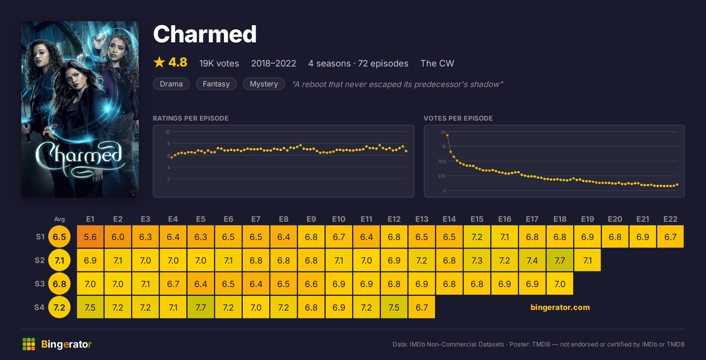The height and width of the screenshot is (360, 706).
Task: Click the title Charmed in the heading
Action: tap(205, 34)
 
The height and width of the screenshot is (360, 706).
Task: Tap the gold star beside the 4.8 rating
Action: tap(159, 62)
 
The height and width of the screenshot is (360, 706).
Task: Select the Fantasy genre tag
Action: tap(216, 84)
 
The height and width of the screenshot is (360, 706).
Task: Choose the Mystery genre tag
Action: tap(264, 84)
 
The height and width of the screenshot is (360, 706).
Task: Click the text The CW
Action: tap(437, 63)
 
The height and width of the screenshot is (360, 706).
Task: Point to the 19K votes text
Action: tap(219, 63)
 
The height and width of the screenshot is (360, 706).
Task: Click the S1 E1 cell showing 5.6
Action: tap(90, 236)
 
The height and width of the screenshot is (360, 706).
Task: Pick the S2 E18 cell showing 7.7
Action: tap(560, 260)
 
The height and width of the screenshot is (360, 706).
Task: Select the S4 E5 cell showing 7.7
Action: tap(201, 307)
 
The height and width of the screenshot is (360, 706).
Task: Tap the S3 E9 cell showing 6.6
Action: tap(311, 284)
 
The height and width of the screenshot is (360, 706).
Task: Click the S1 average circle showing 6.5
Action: tap(59, 236)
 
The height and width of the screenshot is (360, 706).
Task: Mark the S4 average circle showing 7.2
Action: tap(59, 307)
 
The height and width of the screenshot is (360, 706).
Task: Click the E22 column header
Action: tap(670, 219)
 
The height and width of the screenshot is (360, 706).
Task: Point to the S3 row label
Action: tap(40, 284)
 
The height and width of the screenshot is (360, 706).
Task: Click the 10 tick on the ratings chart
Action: tap(168, 132)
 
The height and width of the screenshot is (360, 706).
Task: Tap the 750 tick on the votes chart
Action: tap(441, 161)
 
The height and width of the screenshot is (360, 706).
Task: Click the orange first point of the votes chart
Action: tap(447, 135)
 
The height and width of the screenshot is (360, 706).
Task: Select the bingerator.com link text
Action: tap(560, 307)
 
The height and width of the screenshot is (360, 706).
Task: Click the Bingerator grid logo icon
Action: tap(29, 344)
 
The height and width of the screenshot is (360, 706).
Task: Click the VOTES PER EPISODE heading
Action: tap(458, 118)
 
